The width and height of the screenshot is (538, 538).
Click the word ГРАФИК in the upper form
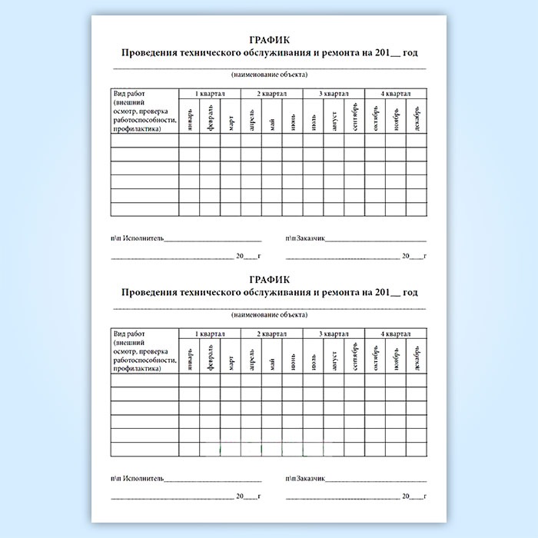269,40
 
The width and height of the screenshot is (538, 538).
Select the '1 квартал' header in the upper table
209,94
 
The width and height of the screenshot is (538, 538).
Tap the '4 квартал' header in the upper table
395,94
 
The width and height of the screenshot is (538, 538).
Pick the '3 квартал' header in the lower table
333,334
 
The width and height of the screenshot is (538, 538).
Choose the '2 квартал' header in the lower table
271,334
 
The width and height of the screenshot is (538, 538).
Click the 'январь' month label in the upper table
189,121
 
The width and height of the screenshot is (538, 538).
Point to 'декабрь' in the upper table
416,121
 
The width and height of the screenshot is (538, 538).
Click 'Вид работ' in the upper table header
128,94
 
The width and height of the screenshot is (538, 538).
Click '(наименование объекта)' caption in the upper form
269,75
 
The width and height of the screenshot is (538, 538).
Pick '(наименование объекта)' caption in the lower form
269,315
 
